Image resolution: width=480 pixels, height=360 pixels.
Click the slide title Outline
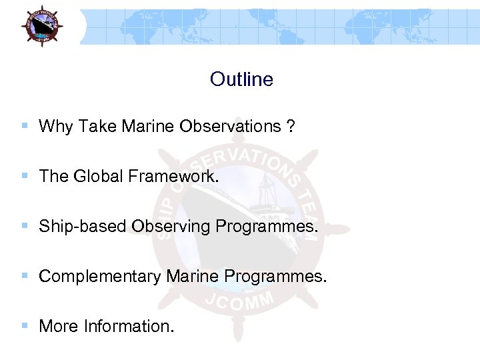[x=241, y=79]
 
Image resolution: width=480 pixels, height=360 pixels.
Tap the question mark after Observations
[x=291, y=127]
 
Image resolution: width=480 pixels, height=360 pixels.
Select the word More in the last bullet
[x=59, y=327]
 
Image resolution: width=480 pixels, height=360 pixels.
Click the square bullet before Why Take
[x=25, y=125]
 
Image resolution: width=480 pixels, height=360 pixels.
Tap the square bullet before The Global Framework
[x=25, y=175]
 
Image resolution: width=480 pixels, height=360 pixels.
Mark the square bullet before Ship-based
[x=25, y=225]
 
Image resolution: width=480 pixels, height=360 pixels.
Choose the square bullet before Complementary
[x=25, y=275]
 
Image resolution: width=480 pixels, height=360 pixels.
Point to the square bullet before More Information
[x=25, y=325]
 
